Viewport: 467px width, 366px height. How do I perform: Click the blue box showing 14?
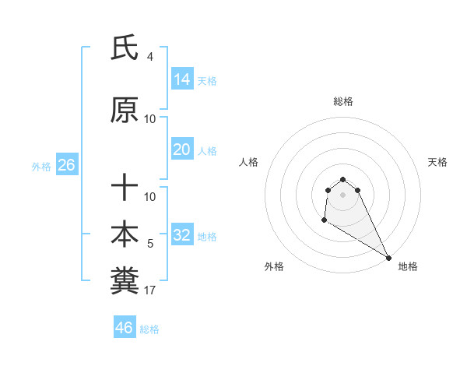(x=181, y=79)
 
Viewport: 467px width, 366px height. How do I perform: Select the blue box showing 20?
(x=181, y=149)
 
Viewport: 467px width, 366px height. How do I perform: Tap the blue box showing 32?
(x=181, y=234)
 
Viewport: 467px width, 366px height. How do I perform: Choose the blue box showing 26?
(x=66, y=165)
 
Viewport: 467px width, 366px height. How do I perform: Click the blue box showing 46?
(x=125, y=327)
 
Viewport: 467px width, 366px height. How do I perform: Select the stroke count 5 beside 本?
(x=150, y=244)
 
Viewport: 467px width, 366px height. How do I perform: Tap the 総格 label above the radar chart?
(x=343, y=101)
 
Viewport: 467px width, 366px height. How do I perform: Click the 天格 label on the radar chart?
(x=437, y=162)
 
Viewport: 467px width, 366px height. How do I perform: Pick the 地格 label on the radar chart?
(x=408, y=266)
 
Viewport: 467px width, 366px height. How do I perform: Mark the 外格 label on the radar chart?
(x=274, y=266)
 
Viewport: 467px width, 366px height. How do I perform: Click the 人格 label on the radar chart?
(x=249, y=162)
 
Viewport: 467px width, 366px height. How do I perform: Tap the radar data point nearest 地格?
(x=388, y=258)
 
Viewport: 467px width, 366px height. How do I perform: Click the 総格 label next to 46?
(x=149, y=329)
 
